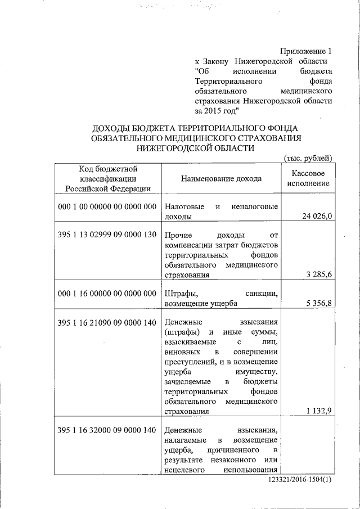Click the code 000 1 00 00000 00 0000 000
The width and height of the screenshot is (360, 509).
pos(107,206)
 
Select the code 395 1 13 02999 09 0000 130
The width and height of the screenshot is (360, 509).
pos(107,235)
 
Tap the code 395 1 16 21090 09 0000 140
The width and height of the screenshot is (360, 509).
pos(107,323)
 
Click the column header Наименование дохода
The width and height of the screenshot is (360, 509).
pos(221,179)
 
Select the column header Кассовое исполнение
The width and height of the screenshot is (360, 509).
pos(308,179)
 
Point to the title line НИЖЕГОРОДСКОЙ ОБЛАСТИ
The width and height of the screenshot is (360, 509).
pos(195,148)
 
